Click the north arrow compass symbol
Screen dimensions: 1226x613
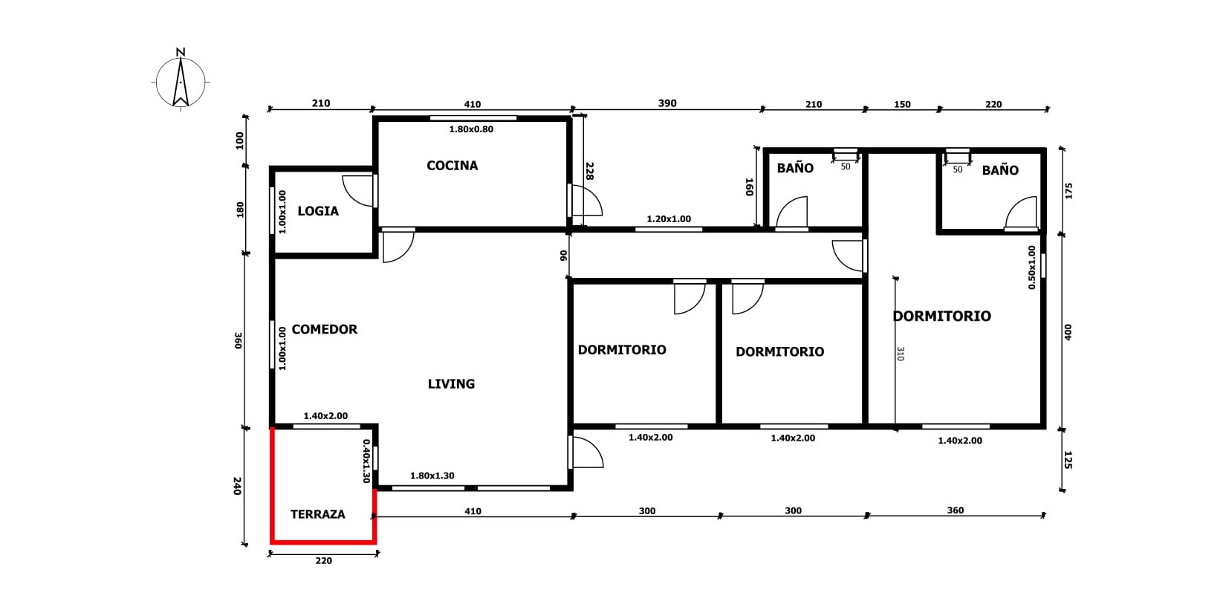181,82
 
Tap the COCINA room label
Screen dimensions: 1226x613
452,165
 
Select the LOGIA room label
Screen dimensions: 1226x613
318,211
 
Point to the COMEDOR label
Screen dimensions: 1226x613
325,329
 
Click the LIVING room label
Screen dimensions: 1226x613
451,383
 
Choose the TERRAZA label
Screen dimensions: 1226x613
317,514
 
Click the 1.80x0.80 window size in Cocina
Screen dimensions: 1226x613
471,129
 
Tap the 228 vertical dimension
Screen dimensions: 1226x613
589,171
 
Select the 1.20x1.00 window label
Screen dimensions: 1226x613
669,219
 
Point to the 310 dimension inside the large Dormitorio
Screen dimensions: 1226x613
901,354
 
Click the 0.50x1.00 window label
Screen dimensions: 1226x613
1032,267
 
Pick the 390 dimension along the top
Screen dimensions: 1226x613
667,103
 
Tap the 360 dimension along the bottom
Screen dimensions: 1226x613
955,510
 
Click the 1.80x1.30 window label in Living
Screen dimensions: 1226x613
432,476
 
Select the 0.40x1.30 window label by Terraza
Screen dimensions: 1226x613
366,461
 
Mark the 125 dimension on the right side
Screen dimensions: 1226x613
1068,460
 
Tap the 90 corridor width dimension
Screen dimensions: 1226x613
564,256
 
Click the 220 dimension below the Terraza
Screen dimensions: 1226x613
323,560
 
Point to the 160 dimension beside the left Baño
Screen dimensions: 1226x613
749,187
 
